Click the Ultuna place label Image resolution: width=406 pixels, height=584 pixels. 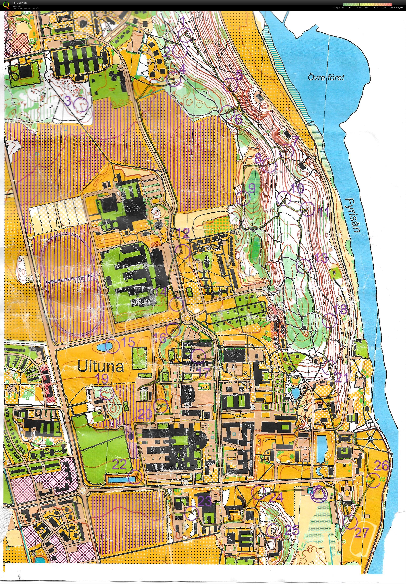(101, 367)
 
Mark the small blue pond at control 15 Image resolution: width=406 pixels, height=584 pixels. (105, 346)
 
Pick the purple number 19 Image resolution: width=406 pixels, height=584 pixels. (102, 379)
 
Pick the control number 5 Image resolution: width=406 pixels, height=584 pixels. (239, 75)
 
